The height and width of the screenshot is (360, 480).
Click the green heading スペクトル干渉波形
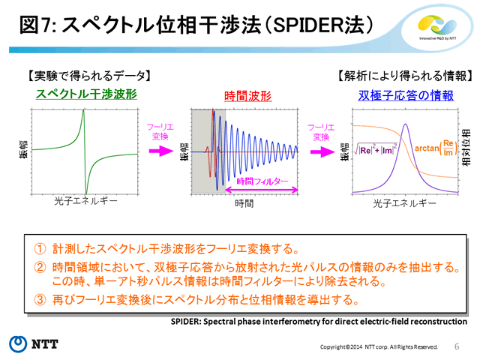click(x=86, y=94)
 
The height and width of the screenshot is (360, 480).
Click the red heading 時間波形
click(x=248, y=96)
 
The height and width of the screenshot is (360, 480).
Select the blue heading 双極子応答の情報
click(x=406, y=95)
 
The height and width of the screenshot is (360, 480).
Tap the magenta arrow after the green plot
click(x=161, y=151)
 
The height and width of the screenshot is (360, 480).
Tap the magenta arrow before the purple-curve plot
click(x=322, y=151)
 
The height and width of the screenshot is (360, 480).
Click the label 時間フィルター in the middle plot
click(x=262, y=181)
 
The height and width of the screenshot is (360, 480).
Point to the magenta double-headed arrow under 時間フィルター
click(x=262, y=190)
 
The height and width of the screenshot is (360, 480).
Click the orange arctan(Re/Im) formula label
click(x=436, y=148)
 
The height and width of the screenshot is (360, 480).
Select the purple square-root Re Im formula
click(x=375, y=149)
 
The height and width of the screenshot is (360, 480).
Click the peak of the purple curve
click(x=405, y=124)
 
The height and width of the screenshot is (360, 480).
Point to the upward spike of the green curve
click(x=83, y=111)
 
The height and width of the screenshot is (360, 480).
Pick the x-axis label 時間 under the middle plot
click(x=244, y=203)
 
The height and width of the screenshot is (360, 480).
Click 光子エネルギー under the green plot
click(x=85, y=201)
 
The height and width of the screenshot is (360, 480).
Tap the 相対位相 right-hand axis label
click(x=466, y=148)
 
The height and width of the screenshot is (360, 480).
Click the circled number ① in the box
click(x=40, y=249)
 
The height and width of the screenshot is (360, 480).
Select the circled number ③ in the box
click(x=40, y=300)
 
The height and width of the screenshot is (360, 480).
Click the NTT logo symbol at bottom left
click(x=18, y=344)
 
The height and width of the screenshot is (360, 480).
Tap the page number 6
click(x=457, y=346)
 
